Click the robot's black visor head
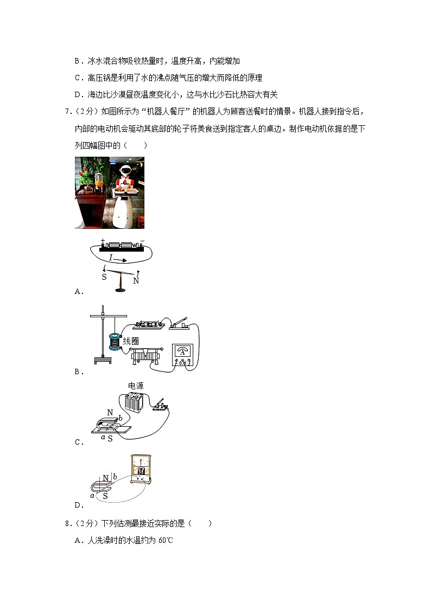pos(124,170)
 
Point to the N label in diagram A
pos(136,281)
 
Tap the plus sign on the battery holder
pos(102,240)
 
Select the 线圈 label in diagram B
pos(131,341)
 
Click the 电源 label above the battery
pos(136,386)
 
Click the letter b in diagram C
pos(120,417)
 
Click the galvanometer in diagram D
pos(141,468)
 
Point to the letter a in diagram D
pos(92,495)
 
